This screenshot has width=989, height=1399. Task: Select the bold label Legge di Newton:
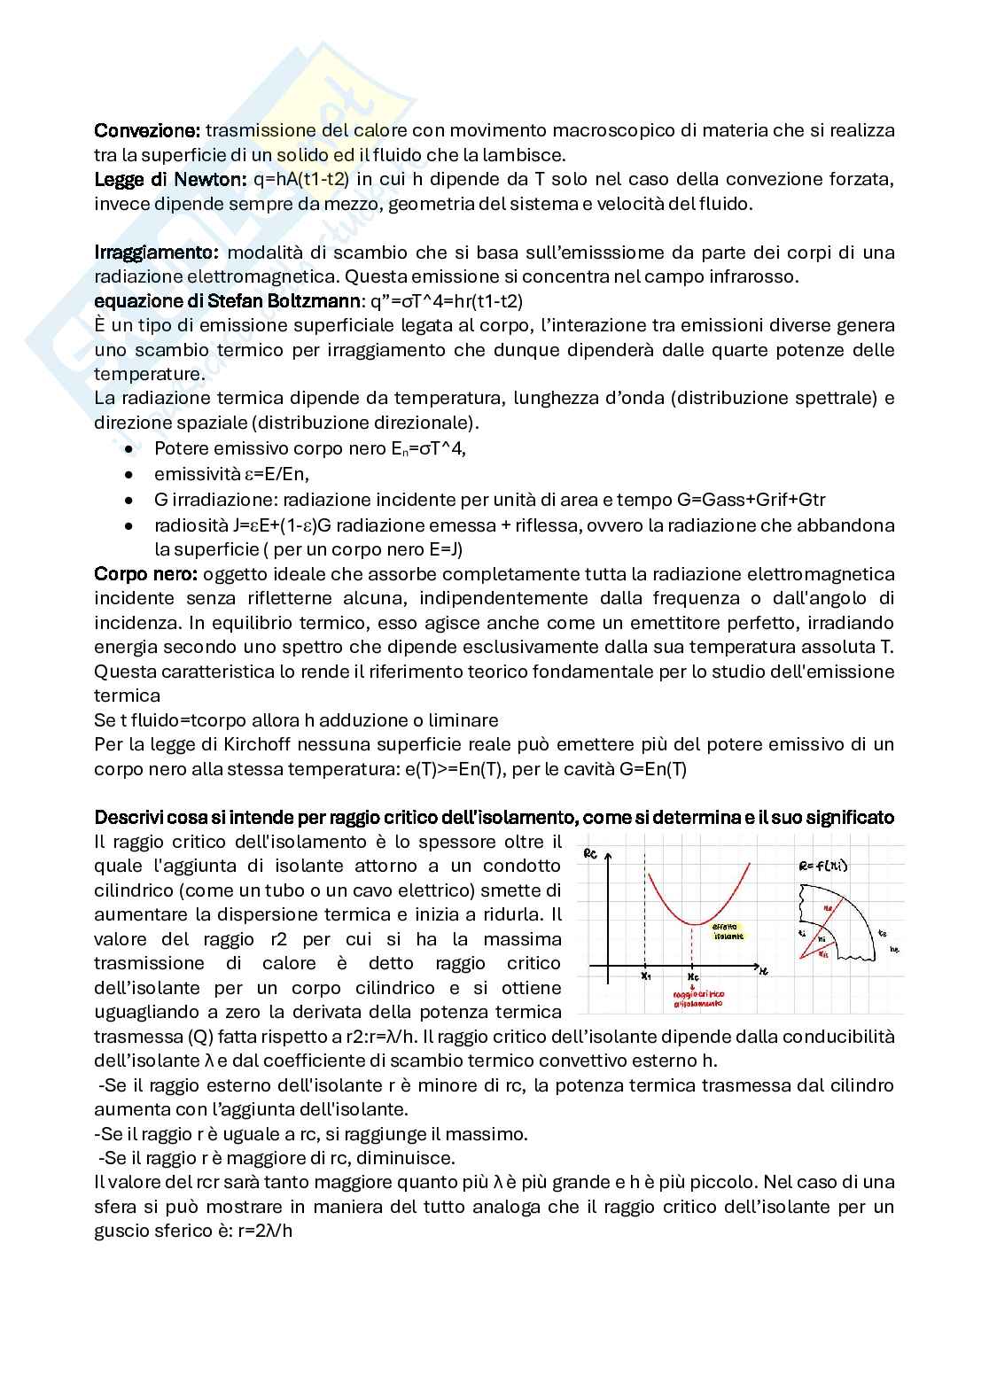click(169, 179)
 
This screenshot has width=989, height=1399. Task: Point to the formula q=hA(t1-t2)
click(301, 179)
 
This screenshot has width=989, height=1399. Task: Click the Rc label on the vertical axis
click(591, 854)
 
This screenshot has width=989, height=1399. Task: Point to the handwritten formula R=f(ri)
click(822, 865)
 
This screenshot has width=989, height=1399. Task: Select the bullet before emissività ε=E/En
click(129, 475)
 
